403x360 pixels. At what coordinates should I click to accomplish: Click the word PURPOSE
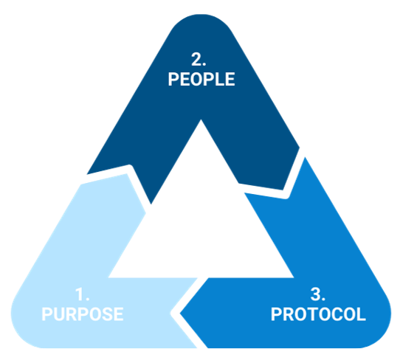(x=83, y=314)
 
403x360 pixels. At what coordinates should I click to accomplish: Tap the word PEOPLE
(x=201, y=79)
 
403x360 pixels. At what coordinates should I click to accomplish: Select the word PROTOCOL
(x=318, y=314)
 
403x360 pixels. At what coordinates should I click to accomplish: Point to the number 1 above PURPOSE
(x=80, y=294)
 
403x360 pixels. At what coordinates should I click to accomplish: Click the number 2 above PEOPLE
(x=197, y=59)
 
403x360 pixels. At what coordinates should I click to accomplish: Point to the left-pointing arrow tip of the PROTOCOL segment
(x=180, y=314)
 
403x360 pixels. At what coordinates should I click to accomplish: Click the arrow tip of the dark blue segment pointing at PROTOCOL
(x=283, y=190)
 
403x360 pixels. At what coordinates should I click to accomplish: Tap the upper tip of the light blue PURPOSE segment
(x=126, y=174)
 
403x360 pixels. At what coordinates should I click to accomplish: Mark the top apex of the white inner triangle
(x=201, y=120)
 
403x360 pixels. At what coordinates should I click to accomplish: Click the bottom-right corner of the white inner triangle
(x=293, y=277)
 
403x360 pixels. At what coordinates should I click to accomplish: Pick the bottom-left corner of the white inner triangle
(x=108, y=277)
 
